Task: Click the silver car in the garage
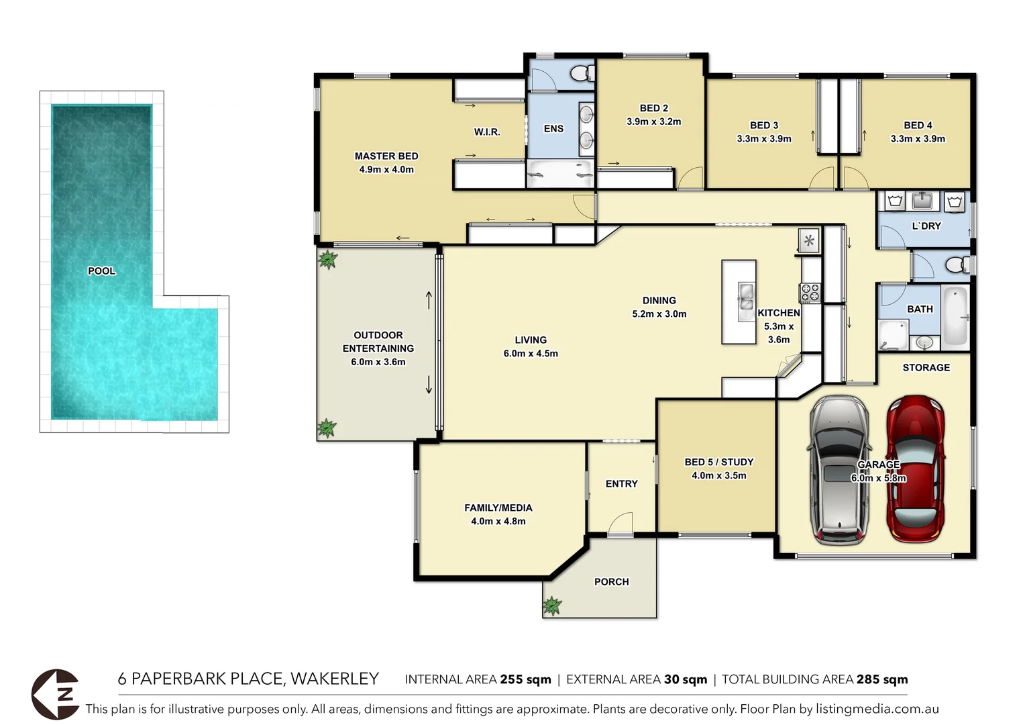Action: coord(840,470)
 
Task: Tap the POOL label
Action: coord(101,271)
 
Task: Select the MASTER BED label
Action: coord(386,156)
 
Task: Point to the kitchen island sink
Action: coord(745,301)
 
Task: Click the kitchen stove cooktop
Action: coord(809,293)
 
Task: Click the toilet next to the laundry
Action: coord(958,264)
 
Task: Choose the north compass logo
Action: coord(56,694)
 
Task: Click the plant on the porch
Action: coord(552,606)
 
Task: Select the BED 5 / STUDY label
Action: coord(718,463)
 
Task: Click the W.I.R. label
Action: coord(487,132)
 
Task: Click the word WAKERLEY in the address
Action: coord(335,679)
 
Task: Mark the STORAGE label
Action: coord(926,368)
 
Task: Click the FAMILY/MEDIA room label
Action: coord(498,508)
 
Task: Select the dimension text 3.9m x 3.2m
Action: coord(653,122)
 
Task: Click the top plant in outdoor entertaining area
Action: coord(327,259)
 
